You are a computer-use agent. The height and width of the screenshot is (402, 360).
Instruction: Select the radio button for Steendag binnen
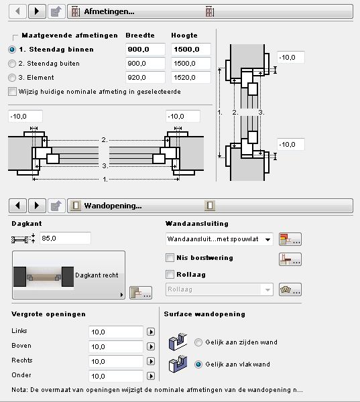point(12,50)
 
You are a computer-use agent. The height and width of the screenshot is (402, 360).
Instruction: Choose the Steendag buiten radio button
point(12,64)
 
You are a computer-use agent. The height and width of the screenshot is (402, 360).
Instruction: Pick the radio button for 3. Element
point(12,78)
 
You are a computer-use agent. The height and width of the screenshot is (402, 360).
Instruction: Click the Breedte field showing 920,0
point(145,78)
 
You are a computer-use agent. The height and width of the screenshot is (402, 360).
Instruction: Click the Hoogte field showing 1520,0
point(191,78)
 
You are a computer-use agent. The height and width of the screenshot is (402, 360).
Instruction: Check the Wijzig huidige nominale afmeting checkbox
point(12,92)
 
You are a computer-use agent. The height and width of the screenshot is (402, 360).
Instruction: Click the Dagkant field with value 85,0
point(65,238)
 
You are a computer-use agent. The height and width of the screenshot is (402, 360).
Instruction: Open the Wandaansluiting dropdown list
point(219,239)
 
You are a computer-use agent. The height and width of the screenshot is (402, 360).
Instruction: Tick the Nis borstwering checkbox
point(170,258)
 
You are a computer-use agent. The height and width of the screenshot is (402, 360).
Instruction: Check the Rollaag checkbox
point(170,274)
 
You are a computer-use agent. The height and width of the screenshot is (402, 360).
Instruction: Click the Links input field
point(115,332)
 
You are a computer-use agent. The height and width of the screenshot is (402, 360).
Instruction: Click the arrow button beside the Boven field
point(151,346)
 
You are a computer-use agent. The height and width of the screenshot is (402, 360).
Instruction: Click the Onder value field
point(115,376)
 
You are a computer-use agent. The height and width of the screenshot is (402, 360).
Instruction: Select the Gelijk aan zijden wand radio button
point(198,342)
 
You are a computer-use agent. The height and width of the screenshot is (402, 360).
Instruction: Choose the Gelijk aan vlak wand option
point(198,364)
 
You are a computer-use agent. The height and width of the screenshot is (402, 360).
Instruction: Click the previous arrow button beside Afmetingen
point(17,11)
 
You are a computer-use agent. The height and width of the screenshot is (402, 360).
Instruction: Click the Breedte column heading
point(140,36)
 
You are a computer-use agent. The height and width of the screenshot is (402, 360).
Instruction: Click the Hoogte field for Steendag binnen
point(191,49)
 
